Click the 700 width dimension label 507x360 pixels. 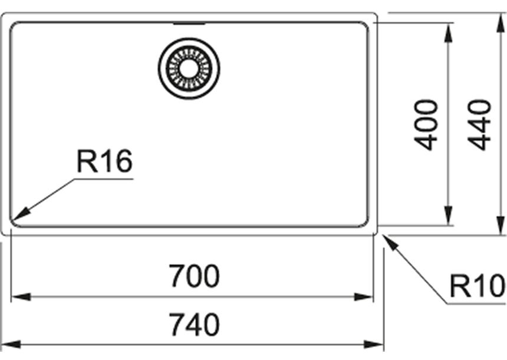pyautogui.click(x=194, y=276)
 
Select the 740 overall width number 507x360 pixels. pyautogui.click(x=194, y=324)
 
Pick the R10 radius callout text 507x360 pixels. pyautogui.click(x=477, y=287)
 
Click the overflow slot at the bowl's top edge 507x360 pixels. pyautogui.click(x=189, y=25)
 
